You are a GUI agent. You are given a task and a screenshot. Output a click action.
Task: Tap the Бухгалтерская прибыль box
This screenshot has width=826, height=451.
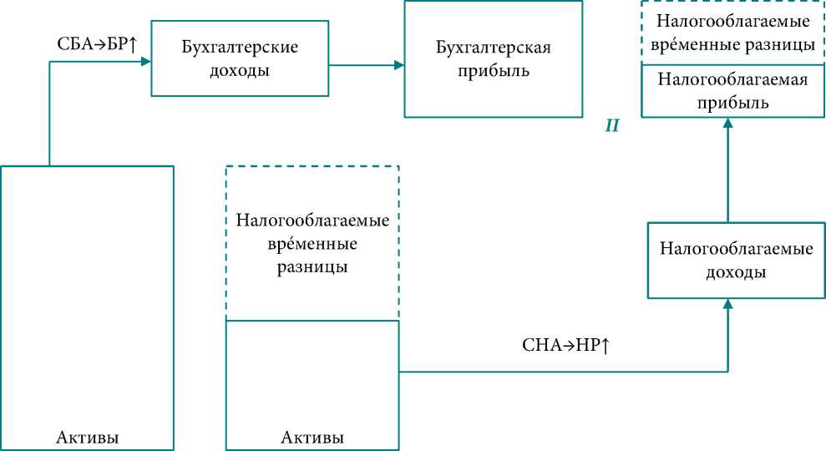493,58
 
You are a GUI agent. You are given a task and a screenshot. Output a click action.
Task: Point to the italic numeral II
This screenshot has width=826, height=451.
611,126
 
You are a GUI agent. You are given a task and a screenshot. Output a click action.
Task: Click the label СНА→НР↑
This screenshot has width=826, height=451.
564,345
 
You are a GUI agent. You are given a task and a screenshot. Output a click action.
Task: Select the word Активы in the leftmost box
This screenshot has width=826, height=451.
87,437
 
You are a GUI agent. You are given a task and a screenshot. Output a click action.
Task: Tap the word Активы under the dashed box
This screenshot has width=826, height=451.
312,437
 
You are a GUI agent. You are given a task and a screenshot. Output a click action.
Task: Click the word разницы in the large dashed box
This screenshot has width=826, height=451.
312,267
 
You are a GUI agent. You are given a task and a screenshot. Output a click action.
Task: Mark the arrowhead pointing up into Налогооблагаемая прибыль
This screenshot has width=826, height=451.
727,122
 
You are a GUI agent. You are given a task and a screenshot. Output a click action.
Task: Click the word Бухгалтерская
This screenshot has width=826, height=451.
494,48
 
